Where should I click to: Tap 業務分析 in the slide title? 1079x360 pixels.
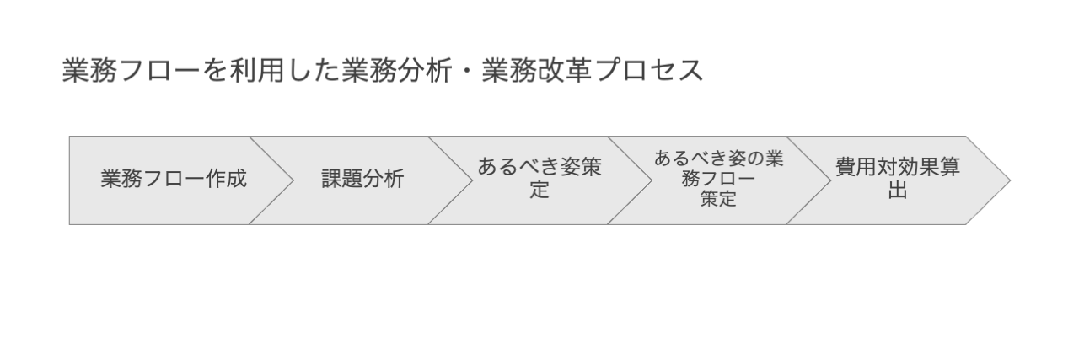click(x=397, y=70)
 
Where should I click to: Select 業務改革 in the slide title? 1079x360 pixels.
click(x=537, y=70)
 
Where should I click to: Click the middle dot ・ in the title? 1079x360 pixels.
click(x=467, y=71)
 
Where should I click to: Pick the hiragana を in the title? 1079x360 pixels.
click(x=214, y=70)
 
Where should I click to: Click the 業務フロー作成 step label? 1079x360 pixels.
click(x=174, y=179)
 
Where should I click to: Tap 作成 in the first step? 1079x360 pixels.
click(x=227, y=179)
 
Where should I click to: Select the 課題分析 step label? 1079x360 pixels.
click(x=362, y=179)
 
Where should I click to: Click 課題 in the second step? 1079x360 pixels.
click(x=342, y=179)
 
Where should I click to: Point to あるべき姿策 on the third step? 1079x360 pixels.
click(x=539, y=167)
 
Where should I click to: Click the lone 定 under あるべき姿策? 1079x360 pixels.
click(x=539, y=190)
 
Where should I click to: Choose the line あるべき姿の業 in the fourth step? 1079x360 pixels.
click(x=719, y=159)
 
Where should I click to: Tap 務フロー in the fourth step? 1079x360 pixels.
click(x=719, y=179)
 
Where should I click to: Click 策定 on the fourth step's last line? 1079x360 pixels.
click(x=719, y=199)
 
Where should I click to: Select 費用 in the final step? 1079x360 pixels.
click(x=856, y=167)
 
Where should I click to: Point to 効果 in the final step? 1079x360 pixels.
click(x=919, y=167)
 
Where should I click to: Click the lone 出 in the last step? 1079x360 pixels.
click(x=898, y=190)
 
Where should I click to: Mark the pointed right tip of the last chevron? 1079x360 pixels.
click(x=1010, y=180)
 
